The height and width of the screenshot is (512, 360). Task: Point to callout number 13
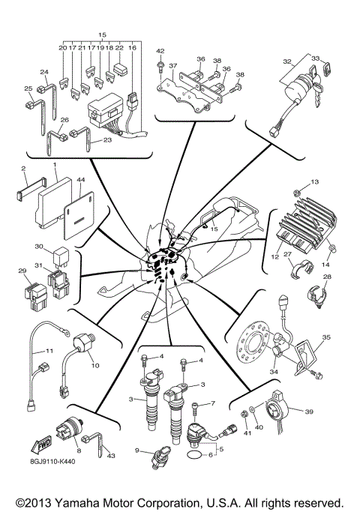pos(315,182)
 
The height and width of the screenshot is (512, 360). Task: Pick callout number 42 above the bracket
pos(159,51)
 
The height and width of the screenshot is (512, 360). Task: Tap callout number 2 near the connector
pos(24,169)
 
